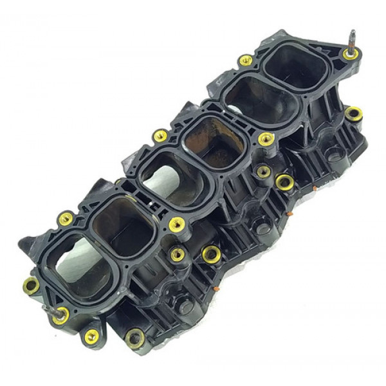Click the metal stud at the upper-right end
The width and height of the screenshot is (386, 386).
pyautogui.click(x=353, y=39)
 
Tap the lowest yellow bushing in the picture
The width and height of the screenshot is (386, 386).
pyautogui.click(x=92, y=336)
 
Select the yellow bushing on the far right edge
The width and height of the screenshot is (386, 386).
pyautogui.click(x=353, y=114)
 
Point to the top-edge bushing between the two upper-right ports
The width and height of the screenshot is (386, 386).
pyautogui.click(x=245, y=60)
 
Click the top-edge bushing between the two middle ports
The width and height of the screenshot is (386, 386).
pyautogui.click(x=160, y=135)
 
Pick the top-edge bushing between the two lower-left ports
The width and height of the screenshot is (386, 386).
pyautogui.click(x=65, y=219)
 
